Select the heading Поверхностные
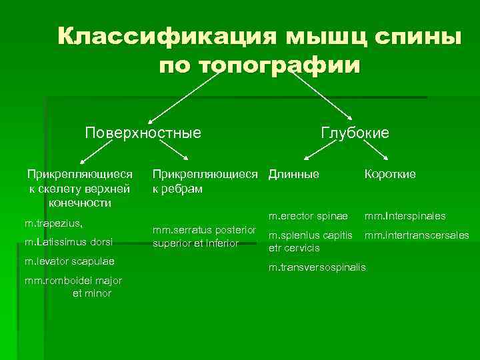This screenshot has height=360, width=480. [x=143, y=132]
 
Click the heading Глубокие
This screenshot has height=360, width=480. [x=355, y=133]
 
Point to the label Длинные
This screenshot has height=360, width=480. [x=294, y=174]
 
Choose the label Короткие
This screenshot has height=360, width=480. [x=390, y=174]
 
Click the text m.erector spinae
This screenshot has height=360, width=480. [x=309, y=217]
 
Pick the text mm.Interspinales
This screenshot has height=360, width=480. [x=405, y=217]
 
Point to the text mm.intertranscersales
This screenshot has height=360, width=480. [x=417, y=235]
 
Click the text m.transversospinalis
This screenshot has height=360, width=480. [x=317, y=267]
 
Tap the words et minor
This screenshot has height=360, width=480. [x=91, y=293]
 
